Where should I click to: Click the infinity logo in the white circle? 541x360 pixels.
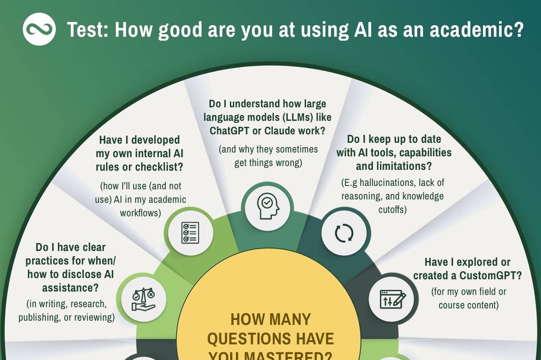click(39, 29)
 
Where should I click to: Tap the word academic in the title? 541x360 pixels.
click(476, 30)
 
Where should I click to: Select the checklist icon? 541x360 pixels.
click(190, 233)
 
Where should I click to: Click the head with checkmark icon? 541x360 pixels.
click(268, 206)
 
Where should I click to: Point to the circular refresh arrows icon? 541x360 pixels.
click(344, 233)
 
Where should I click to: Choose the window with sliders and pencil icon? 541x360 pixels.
click(393, 300)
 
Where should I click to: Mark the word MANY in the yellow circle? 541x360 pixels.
click(290, 320)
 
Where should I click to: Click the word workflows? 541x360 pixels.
click(140, 213)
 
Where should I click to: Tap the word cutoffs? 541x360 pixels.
click(393, 210)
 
